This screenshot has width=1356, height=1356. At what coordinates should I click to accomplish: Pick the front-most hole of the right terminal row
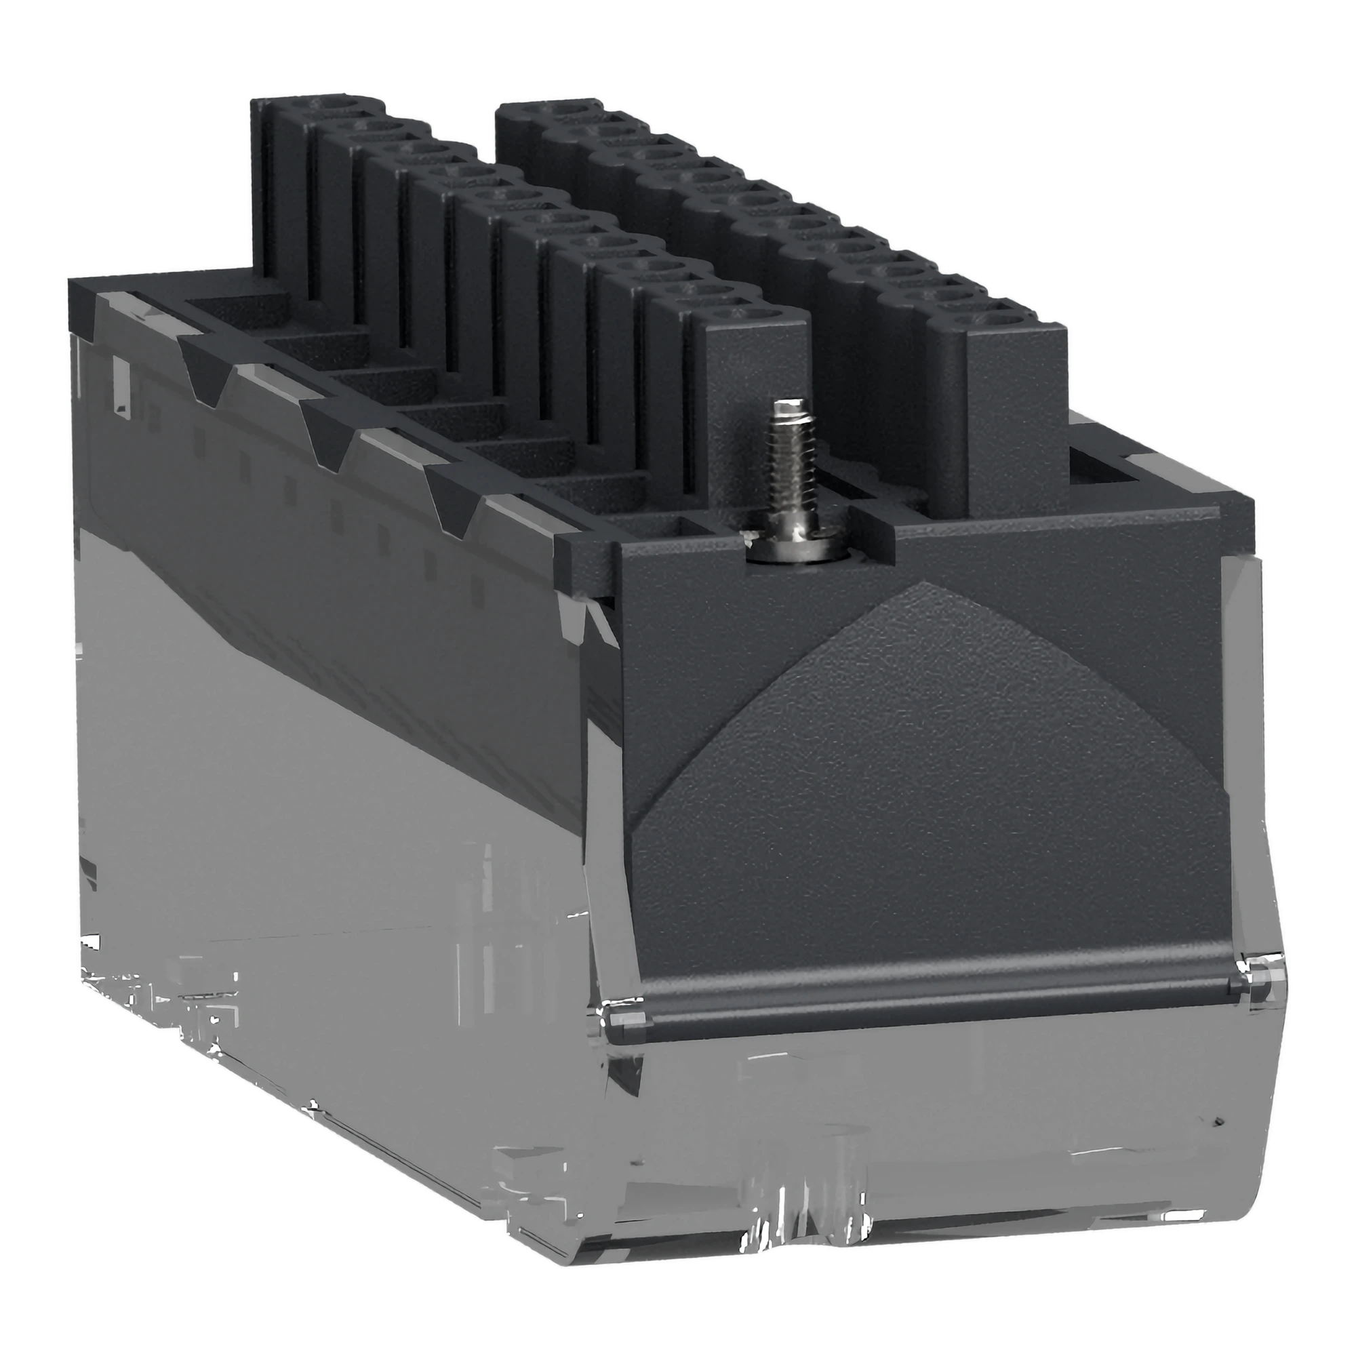[x=1011, y=324]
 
